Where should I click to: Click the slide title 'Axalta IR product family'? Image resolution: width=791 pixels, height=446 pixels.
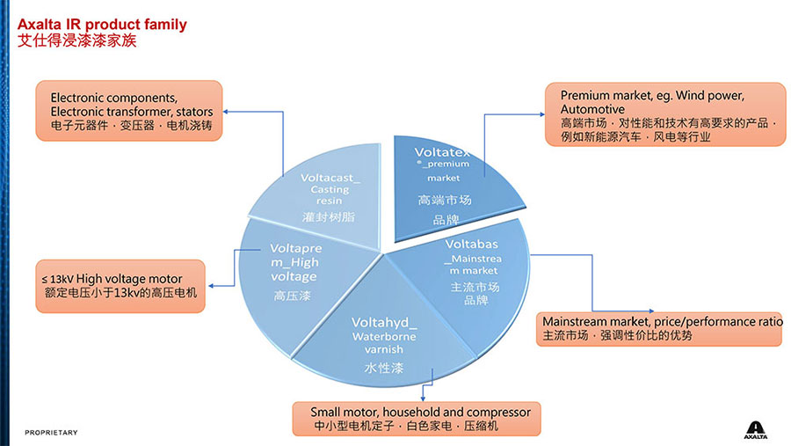point(102,24)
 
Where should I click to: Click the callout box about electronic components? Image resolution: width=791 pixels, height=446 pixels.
point(130,112)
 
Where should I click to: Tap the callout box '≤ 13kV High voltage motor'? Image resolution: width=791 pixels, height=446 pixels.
point(120,286)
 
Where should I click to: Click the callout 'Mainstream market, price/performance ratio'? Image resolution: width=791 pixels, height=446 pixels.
point(660,328)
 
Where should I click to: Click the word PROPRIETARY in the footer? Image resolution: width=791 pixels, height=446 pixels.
point(51,432)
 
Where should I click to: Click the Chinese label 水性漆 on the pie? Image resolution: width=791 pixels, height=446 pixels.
point(382,369)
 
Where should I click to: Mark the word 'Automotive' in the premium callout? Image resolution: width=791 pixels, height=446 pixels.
point(592,109)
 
